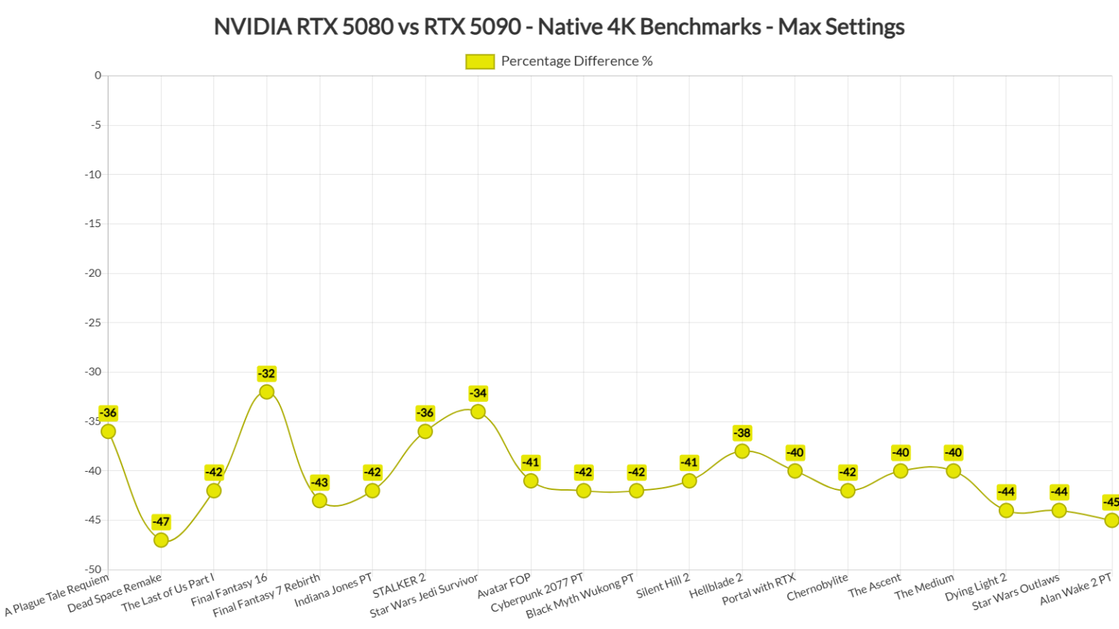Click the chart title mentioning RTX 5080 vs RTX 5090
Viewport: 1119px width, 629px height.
(559, 27)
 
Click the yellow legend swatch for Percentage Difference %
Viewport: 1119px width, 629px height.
(479, 62)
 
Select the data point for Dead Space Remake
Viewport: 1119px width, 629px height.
(161, 540)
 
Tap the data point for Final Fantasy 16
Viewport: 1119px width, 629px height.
(267, 392)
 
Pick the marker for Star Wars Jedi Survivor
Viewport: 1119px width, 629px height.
(478, 412)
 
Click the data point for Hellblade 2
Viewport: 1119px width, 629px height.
(742, 451)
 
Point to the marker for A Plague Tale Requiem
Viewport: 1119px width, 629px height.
(109, 432)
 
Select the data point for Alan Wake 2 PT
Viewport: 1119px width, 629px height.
(1111, 521)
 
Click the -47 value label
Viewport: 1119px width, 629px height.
(161, 522)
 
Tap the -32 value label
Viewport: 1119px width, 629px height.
(267, 374)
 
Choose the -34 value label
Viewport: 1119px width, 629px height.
(478, 394)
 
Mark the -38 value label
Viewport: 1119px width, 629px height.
(742, 433)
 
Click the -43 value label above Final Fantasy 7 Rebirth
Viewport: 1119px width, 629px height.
(319, 483)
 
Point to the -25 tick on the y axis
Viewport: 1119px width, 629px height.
(93, 323)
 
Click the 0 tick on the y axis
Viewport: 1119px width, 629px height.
(98, 76)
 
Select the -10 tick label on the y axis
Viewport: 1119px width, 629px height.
(93, 175)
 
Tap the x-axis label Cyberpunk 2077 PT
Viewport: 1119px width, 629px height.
(538, 593)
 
